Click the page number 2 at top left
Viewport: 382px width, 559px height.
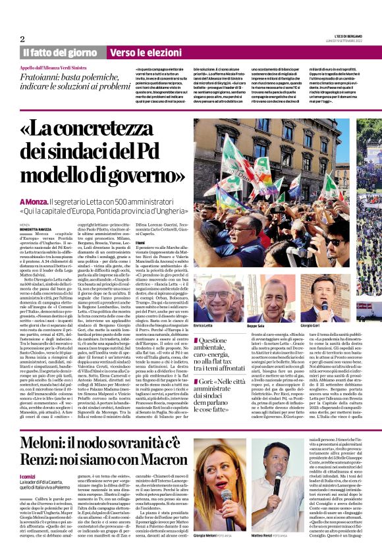pyautogui.click(x=22, y=39)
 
